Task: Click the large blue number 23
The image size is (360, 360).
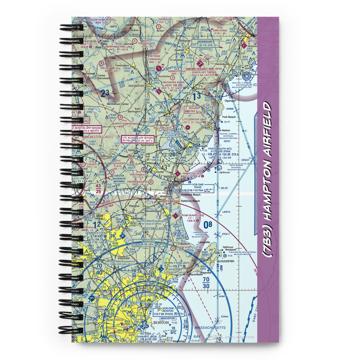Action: [x=105, y=94]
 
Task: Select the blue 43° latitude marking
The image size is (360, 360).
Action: [x=166, y=168]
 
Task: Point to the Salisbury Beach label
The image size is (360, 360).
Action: [x=191, y=201]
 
